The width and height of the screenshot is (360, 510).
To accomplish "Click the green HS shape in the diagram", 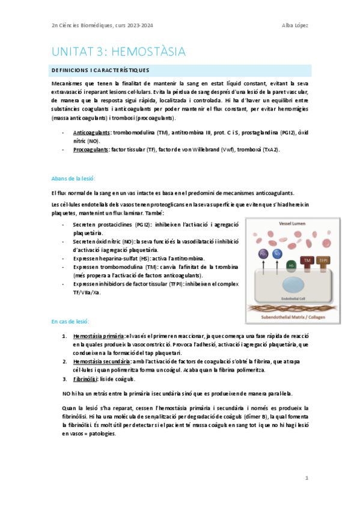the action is pos(291,265).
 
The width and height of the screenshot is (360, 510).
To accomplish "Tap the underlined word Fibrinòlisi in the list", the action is pos(87,379).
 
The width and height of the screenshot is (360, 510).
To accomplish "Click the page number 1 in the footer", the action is pos(307,478).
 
